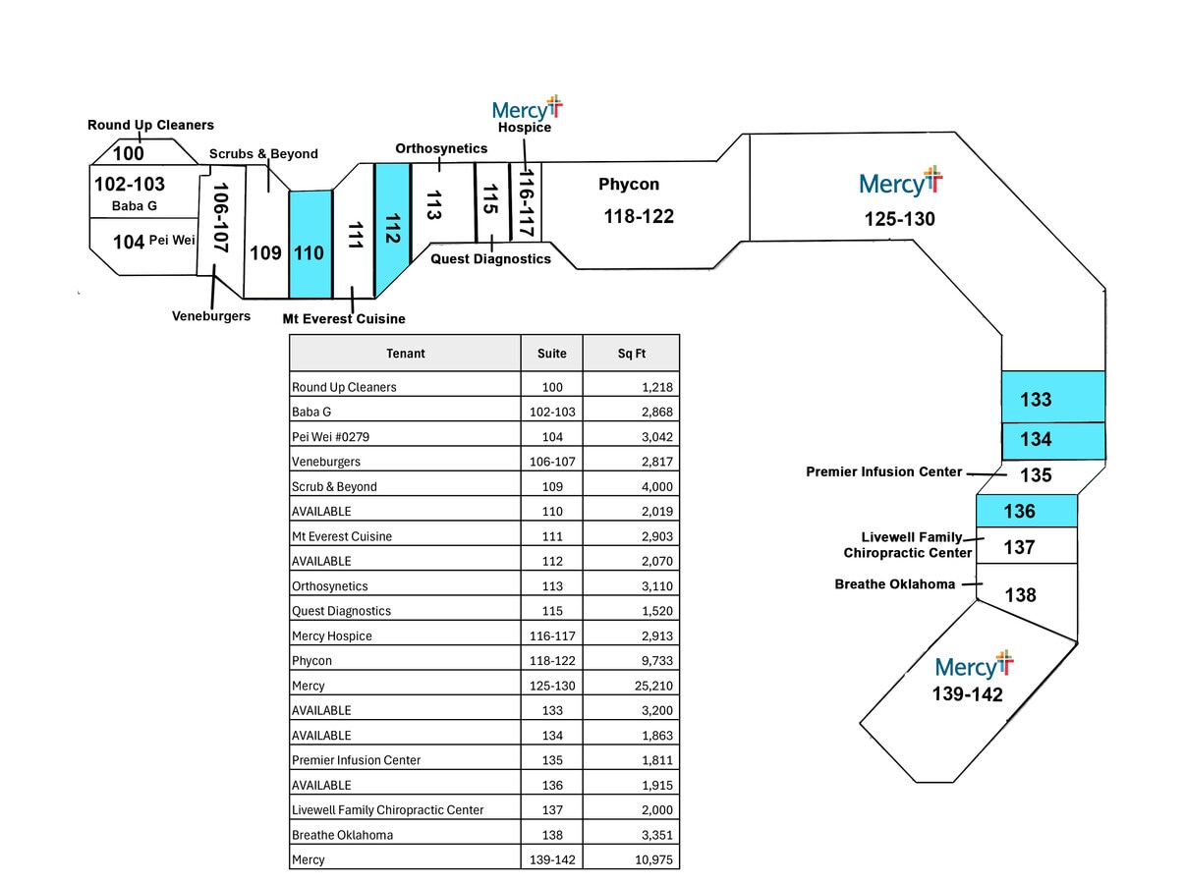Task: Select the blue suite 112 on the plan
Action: (x=391, y=231)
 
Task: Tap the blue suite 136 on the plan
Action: (x=1026, y=511)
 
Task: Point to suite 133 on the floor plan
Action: (x=1052, y=399)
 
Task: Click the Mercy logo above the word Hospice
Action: (x=527, y=108)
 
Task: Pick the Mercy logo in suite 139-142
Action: (x=974, y=665)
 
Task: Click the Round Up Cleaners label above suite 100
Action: (x=150, y=125)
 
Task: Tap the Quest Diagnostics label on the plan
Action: (x=490, y=258)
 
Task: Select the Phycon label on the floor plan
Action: (x=629, y=184)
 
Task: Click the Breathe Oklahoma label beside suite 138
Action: (x=894, y=584)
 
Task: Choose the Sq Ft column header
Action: (x=630, y=353)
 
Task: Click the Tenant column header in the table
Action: (x=405, y=353)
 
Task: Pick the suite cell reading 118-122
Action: (x=551, y=660)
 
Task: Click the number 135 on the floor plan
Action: (x=1036, y=475)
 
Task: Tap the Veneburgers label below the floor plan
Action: (x=211, y=316)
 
